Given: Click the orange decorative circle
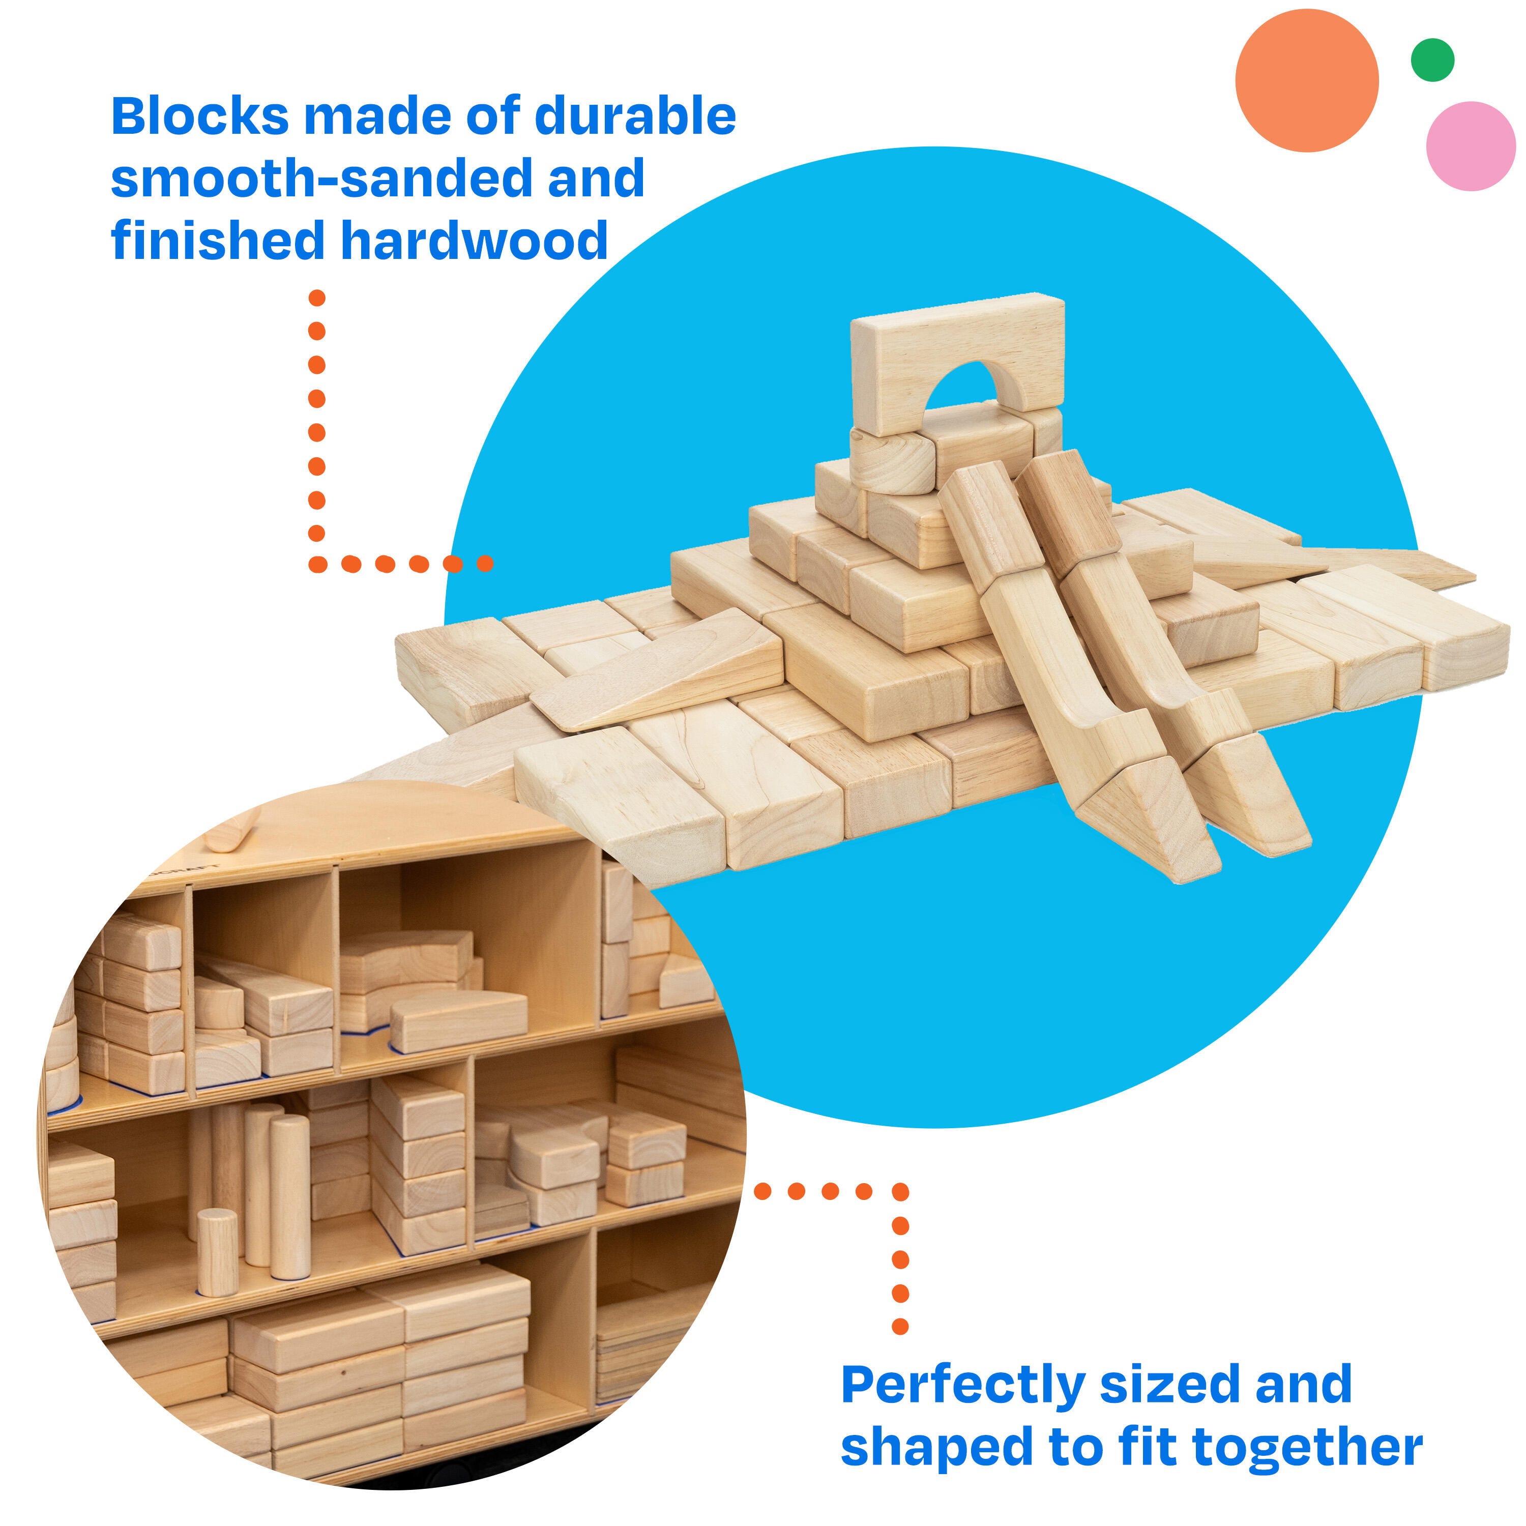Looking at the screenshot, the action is (1307, 80).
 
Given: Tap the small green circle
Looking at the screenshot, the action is (1433, 60).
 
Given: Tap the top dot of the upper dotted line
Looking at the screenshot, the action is (317, 298).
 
